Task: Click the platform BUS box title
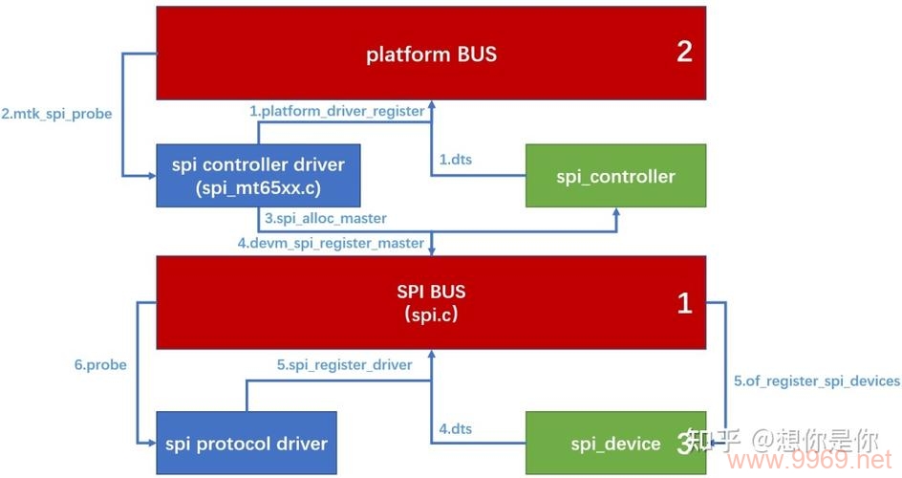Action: coord(431,54)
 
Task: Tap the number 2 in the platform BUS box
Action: coord(684,52)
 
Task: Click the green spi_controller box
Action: coord(615,176)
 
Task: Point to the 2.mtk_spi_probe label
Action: coord(56,114)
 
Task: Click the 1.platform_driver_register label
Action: coord(337,111)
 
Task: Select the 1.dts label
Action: coord(455,160)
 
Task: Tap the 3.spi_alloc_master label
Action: coord(326,219)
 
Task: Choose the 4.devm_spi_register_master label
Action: coord(331,243)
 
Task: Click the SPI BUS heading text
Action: coord(431,291)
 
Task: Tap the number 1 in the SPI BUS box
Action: coord(684,304)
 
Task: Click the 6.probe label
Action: coord(100,364)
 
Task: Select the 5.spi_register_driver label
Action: coord(345,364)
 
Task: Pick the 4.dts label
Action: coord(455,429)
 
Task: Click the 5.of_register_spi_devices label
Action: coord(817,380)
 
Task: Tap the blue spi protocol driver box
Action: coord(246,443)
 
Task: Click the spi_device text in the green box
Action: coord(615,444)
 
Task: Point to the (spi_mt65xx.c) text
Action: coord(258,186)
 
